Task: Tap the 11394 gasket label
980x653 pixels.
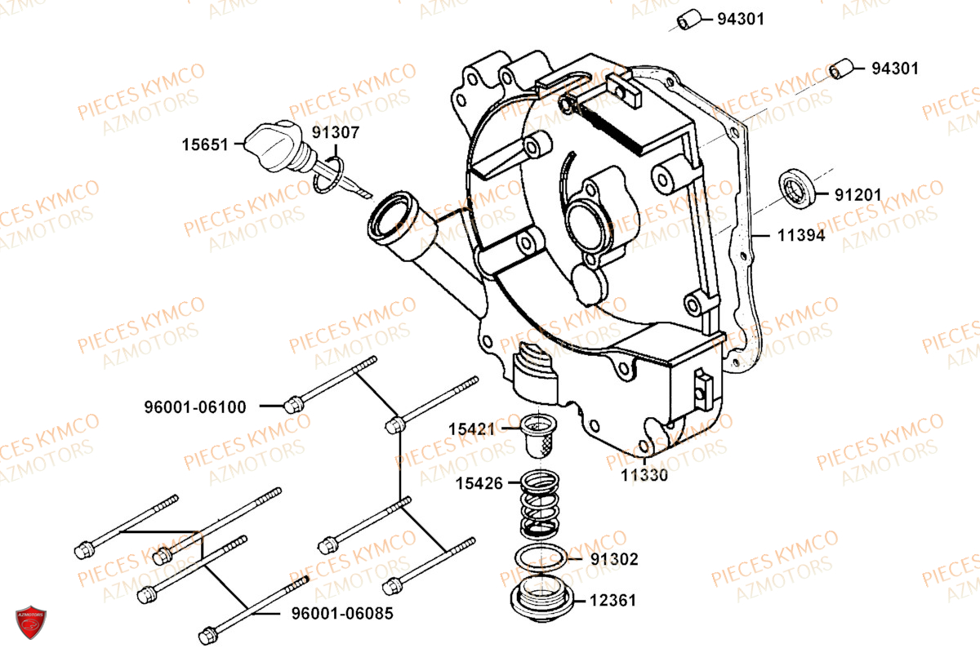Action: [800, 236]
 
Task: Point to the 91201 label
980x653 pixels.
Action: [857, 195]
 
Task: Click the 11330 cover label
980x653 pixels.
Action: [644, 474]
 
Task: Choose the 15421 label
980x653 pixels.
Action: [471, 428]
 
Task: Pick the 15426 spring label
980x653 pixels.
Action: [479, 483]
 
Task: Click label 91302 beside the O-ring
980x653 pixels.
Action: [614, 559]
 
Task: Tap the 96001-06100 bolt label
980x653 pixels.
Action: [195, 406]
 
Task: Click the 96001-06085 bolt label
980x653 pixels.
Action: [343, 613]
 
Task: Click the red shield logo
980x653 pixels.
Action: [31, 623]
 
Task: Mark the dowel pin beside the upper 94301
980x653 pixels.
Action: [689, 19]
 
